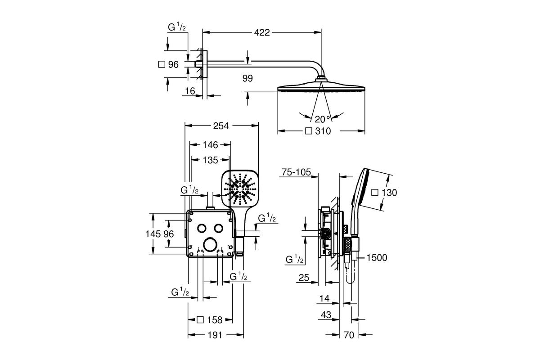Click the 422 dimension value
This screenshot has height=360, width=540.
262,32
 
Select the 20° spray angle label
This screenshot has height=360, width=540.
322,119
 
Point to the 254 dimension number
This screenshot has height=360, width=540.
221,126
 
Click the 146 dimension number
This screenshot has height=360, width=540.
210,145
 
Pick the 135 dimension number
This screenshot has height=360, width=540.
210,160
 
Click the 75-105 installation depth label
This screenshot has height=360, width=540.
296,172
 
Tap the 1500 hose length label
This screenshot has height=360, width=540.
377,258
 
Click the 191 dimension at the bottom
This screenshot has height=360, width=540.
215,335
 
